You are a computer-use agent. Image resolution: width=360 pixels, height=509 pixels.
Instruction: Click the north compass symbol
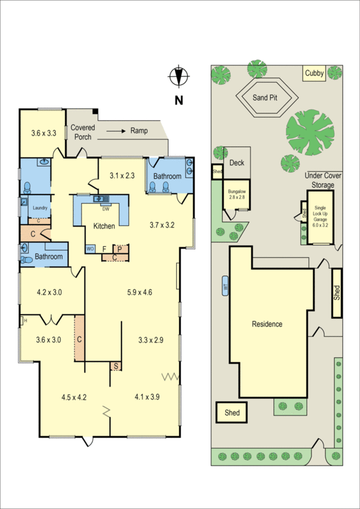coord(179,76)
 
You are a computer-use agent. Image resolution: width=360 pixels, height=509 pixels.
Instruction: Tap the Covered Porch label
coord(83,132)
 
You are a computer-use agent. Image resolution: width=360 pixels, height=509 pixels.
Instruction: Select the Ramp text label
coord(139,130)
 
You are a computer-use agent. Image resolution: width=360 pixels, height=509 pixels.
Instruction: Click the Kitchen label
coord(104,227)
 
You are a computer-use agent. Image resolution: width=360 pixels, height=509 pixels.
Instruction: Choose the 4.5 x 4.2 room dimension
coord(74,397)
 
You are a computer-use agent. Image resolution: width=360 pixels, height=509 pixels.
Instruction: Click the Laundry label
coord(41,207)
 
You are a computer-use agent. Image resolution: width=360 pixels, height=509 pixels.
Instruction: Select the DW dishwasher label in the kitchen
coord(106,209)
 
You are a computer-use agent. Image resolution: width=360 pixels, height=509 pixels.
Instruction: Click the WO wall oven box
coord(90,248)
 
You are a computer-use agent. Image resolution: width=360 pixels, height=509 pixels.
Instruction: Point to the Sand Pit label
coord(267,97)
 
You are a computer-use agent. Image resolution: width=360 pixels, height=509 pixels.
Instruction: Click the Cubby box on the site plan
coord(314,74)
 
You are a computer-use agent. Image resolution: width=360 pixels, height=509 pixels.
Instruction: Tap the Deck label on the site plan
coord(237,163)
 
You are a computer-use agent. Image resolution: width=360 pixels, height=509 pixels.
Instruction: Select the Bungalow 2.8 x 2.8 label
coord(238,194)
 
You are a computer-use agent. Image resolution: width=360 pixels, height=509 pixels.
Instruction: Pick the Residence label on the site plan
coord(267,324)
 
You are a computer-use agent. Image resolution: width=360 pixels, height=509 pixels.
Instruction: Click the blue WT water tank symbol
coord(225,286)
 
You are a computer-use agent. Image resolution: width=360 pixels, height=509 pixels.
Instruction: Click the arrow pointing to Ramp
coord(115,130)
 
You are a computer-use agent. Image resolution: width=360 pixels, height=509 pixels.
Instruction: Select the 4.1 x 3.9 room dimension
coord(147,397)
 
